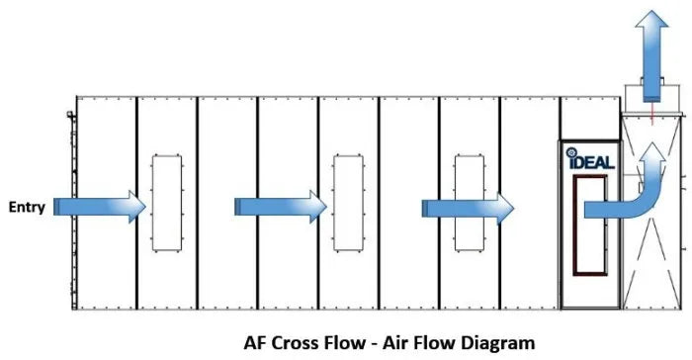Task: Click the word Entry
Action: pyautogui.click(x=27, y=207)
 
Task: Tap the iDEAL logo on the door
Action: pyautogui.click(x=590, y=158)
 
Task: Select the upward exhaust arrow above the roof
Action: pyautogui.click(x=651, y=55)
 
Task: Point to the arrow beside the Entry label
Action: pyautogui.click(x=100, y=207)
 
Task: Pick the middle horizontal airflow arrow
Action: pyautogui.click(x=281, y=207)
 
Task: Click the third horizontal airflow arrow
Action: pyautogui.click(x=468, y=209)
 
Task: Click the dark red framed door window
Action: pyautogui.click(x=575, y=225)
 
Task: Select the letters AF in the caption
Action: pyautogui.click(x=255, y=343)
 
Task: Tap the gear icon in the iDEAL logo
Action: pyautogui.click(x=571, y=152)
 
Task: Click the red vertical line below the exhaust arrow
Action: pyautogui.click(x=651, y=113)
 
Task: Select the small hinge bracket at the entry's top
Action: pyautogui.click(x=70, y=115)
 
